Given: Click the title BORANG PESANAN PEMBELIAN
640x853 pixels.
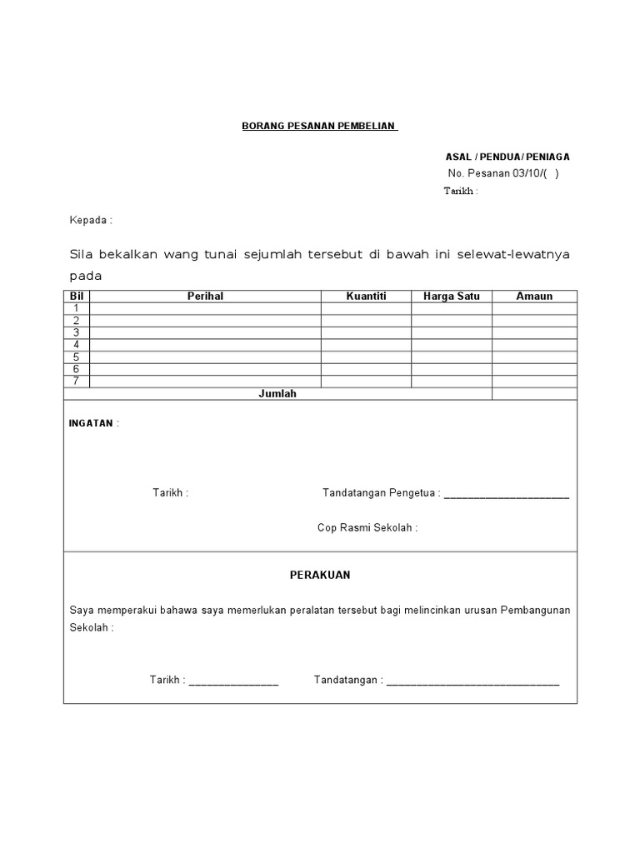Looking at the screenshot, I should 319,126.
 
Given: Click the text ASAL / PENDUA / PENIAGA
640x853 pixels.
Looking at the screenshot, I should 507,157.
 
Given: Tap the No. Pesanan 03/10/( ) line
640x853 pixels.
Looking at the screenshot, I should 503,173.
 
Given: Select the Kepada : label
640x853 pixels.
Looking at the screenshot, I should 90,220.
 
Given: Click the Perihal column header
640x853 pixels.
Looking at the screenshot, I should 205,296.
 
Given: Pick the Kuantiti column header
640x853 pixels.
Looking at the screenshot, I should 366,296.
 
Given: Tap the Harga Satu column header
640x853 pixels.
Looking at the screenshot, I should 451,296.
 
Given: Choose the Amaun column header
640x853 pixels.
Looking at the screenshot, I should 534,296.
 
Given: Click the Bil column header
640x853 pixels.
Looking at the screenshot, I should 77,296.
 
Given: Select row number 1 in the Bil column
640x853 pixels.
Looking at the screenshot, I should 77,308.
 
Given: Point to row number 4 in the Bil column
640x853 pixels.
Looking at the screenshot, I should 77,345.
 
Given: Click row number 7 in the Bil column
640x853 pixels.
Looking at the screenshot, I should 77,382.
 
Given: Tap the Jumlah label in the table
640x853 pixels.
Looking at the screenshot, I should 277,394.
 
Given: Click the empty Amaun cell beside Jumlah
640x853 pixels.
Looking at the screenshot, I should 534,394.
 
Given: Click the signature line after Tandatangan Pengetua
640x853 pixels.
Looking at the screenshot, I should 507,494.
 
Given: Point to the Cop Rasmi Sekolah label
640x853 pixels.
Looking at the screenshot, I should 367,527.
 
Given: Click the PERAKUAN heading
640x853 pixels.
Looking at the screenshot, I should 320,575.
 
